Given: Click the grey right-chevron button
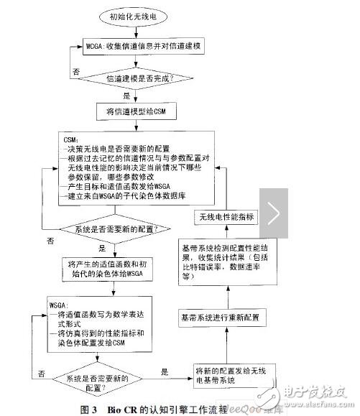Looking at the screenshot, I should coord(274,213).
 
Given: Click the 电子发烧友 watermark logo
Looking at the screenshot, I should coord(315,393).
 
